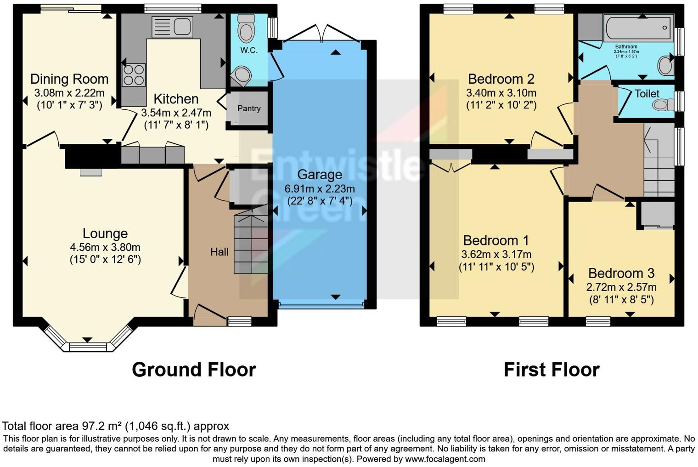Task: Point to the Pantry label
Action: [249, 108]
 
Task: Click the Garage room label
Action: [320, 175]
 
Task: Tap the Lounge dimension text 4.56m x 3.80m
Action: [105, 247]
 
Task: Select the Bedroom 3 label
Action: [621, 273]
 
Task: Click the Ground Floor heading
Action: [193, 370]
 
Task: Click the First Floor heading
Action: [551, 370]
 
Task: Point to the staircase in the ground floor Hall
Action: [251, 244]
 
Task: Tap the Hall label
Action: [219, 252]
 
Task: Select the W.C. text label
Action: [249, 50]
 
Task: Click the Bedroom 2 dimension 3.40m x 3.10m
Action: [501, 93]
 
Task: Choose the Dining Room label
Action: [69, 79]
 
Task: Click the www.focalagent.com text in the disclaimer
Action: [445, 459]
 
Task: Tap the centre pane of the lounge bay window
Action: [87, 347]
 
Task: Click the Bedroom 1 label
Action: [496, 240]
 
